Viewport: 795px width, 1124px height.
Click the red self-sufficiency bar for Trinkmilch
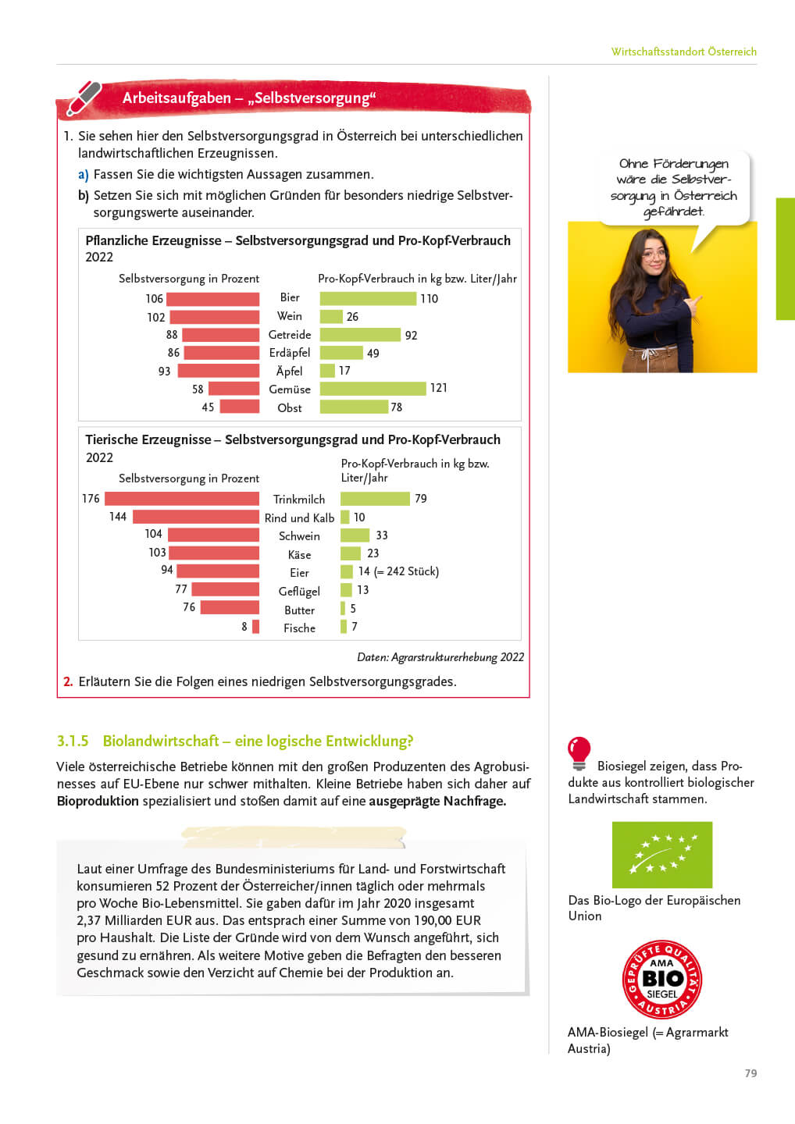[182, 499]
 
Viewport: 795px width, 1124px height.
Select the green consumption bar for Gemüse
[373, 389]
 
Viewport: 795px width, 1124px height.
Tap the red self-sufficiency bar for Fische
[256, 627]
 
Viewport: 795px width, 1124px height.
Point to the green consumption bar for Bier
[368, 298]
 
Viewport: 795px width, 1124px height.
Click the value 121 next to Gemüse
[439, 388]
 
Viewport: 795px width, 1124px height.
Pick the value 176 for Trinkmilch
[91, 499]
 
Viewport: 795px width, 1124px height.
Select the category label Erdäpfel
[290, 353]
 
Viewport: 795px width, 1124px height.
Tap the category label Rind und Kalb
[299, 518]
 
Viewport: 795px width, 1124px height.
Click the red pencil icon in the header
[84, 98]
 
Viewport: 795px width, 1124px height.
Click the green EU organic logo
[662, 855]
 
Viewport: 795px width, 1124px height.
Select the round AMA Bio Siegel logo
[662, 979]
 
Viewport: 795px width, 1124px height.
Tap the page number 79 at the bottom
[750, 1073]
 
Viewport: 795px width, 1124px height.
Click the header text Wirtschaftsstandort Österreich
[683, 52]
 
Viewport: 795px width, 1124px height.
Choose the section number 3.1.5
[73, 741]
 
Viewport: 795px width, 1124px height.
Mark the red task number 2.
[68, 681]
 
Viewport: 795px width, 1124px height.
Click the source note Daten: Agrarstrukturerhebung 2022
[440, 657]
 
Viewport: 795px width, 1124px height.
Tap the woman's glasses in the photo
[654, 254]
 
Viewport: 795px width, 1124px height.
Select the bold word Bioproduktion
[98, 801]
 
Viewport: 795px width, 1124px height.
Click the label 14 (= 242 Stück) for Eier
[398, 571]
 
